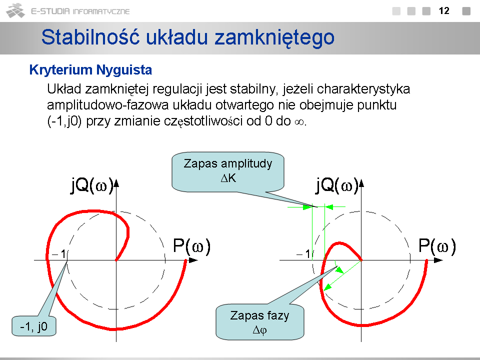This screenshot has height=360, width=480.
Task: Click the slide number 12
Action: (x=444, y=11)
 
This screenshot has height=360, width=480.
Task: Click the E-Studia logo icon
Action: (x=15, y=10)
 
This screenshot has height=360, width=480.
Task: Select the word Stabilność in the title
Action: (x=90, y=37)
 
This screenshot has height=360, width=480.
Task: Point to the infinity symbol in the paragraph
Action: (x=299, y=122)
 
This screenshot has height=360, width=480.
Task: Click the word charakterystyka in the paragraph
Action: (x=363, y=89)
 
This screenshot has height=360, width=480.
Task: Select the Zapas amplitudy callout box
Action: (x=228, y=171)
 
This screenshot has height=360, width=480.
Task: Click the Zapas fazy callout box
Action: (x=260, y=322)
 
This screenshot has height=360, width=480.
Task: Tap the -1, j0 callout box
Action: (x=34, y=326)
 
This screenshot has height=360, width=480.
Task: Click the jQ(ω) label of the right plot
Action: (x=337, y=185)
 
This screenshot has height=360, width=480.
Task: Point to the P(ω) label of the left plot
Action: (x=192, y=246)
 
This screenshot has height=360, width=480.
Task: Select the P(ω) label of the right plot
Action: (x=437, y=246)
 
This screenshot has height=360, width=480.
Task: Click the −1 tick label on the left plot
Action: (x=59, y=254)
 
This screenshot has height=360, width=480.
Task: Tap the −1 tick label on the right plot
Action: (x=303, y=254)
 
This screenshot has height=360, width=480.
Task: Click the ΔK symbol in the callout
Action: (x=228, y=178)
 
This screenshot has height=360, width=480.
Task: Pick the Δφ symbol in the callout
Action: (x=260, y=330)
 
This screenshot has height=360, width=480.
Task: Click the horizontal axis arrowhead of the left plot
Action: (x=193, y=260)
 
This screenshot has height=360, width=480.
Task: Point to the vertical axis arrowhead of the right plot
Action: (x=361, y=183)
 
